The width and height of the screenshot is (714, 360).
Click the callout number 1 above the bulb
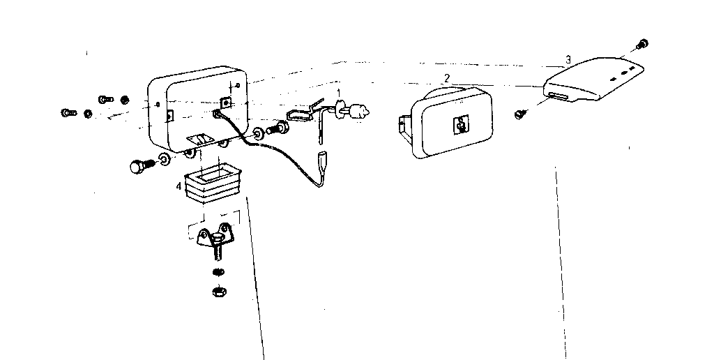(x=338, y=93)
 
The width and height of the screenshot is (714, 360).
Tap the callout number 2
(x=447, y=78)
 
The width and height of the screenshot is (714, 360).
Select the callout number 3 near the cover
(x=568, y=59)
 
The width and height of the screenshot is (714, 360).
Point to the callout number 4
(x=179, y=186)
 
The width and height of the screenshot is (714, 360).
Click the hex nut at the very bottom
(x=220, y=290)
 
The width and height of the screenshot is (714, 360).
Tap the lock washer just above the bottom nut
(x=218, y=272)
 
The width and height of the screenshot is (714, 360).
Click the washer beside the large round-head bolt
(x=165, y=158)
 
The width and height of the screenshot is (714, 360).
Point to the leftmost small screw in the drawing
(x=69, y=112)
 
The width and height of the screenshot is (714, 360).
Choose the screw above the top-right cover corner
(x=642, y=44)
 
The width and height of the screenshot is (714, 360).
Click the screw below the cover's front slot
(x=519, y=114)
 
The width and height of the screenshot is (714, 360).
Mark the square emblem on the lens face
(x=461, y=124)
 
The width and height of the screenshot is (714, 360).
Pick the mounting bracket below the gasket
(x=215, y=237)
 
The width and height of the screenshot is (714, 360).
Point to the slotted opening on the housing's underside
(x=199, y=138)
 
